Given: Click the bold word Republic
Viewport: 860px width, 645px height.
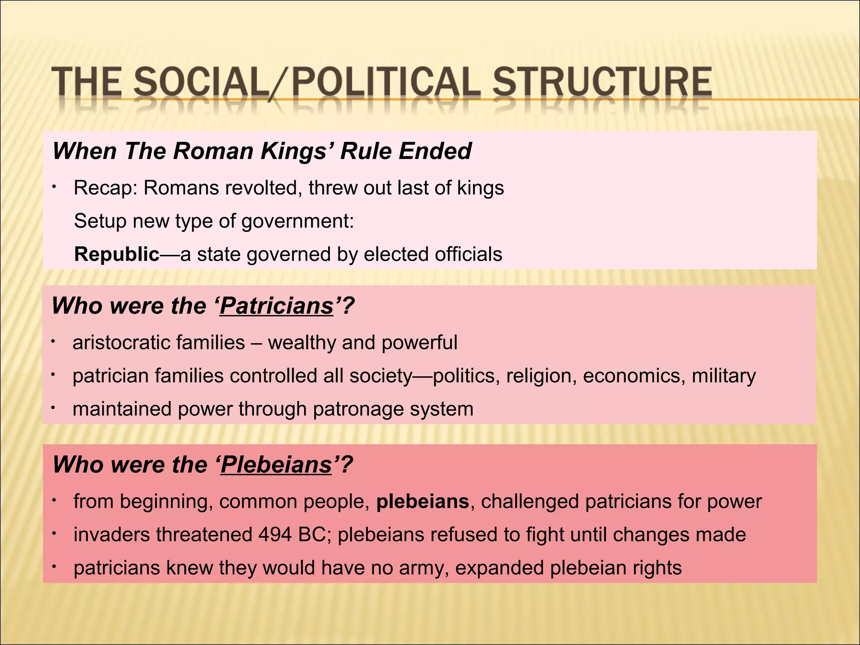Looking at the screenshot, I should (x=117, y=254).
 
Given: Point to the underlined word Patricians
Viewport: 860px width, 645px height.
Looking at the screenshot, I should (x=276, y=306).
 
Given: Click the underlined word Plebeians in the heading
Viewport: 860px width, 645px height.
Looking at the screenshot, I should (x=276, y=465).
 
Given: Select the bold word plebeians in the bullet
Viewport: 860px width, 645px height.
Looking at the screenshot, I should (x=422, y=502).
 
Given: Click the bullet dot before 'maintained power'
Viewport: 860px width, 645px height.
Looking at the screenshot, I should (x=53, y=408).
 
